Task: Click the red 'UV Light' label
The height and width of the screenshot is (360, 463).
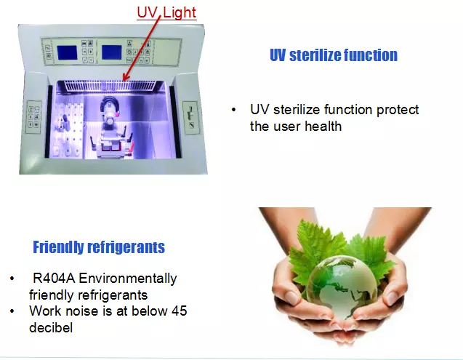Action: click(x=166, y=12)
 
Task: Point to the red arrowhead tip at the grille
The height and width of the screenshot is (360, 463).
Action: click(x=124, y=81)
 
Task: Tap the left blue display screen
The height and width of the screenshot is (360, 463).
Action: click(x=67, y=53)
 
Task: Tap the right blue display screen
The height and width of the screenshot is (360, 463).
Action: click(x=112, y=52)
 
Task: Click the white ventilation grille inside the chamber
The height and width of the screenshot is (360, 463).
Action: click(x=110, y=86)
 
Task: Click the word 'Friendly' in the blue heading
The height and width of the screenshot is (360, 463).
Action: click(x=58, y=247)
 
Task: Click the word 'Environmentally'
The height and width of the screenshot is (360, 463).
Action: click(x=128, y=279)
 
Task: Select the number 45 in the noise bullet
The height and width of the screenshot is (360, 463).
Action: click(x=180, y=311)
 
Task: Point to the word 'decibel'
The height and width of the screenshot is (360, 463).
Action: click(x=51, y=328)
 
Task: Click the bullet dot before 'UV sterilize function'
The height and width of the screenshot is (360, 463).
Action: click(x=234, y=111)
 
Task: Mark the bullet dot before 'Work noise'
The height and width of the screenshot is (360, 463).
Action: click(x=12, y=311)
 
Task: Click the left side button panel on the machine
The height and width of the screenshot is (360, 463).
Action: click(x=33, y=117)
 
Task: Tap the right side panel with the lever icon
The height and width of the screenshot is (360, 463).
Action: click(x=190, y=118)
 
